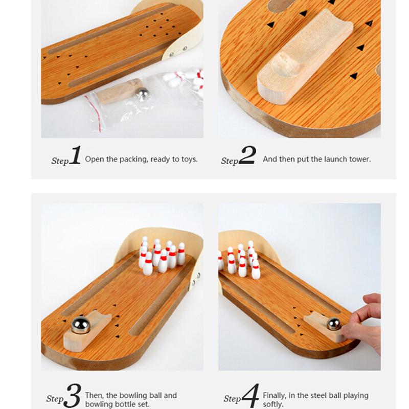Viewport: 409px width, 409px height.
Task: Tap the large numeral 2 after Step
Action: point(247,156)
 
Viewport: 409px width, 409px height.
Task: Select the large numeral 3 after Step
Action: point(74,396)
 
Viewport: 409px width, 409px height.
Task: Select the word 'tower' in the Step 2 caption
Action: point(360,159)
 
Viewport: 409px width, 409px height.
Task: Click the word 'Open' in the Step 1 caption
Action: point(94,159)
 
